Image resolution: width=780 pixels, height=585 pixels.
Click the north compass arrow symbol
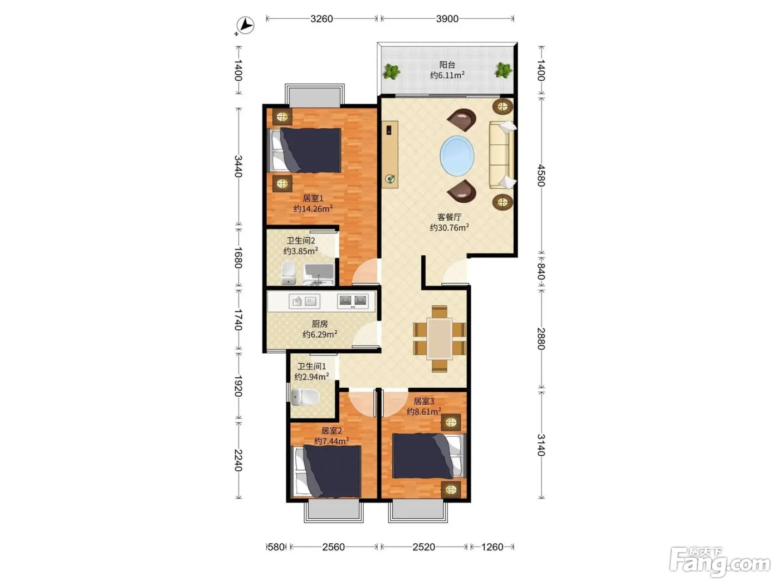[x=245, y=26]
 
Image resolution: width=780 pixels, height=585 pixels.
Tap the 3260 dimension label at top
[x=321, y=18]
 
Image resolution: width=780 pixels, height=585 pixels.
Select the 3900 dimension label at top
[x=447, y=18]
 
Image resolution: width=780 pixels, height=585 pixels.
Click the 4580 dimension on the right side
[x=541, y=175]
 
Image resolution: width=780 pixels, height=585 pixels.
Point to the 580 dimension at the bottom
[x=276, y=547]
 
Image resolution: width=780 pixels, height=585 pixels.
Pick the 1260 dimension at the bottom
[x=492, y=547]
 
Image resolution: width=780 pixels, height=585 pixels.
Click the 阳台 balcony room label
[x=447, y=65]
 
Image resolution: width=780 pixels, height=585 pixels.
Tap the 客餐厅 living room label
[x=449, y=217]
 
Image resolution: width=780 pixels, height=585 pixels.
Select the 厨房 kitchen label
[x=319, y=324]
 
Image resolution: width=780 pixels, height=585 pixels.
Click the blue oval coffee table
[x=457, y=155]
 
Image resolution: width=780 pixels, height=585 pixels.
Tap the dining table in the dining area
[x=440, y=339]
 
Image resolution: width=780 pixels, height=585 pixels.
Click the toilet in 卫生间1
[x=305, y=397]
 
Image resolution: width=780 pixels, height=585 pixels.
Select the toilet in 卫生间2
[x=288, y=273]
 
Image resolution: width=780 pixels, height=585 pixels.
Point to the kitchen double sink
[x=304, y=301]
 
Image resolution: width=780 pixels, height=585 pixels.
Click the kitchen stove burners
[x=353, y=301]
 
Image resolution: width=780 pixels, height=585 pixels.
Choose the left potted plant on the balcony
[x=391, y=71]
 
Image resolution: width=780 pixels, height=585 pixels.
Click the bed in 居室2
[x=327, y=472]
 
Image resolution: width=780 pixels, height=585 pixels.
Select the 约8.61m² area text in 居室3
[x=424, y=412]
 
